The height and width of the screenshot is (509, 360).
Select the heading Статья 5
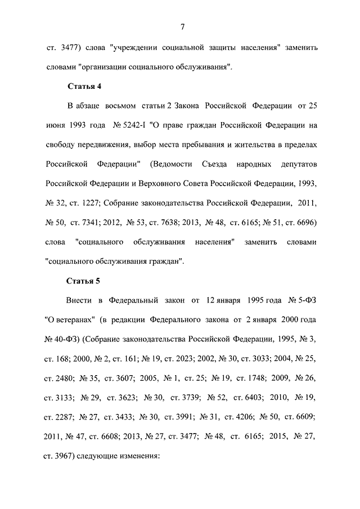(x=84, y=280)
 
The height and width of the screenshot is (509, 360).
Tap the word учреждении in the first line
(x=132, y=47)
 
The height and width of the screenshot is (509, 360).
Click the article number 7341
(x=91, y=222)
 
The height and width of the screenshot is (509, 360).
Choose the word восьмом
(x=116, y=105)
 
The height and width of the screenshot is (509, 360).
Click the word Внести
(x=79, y=300)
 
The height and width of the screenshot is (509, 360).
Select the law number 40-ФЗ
(x=67, y=339)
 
